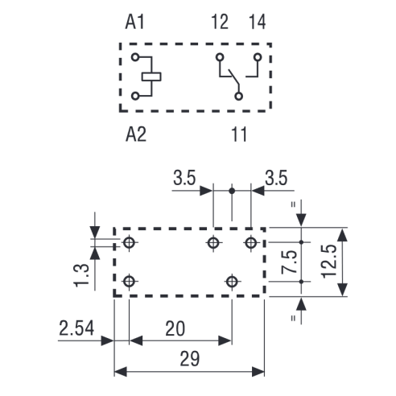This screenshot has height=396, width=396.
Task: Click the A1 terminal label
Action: (x=135, y=22)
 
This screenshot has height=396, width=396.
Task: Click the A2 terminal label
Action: (x=136, y=134)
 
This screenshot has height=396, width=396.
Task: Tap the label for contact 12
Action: (x=220, y=22)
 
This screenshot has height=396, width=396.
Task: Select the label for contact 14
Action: (x=258, y=22)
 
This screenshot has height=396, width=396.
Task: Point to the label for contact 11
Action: (x=239, y=134)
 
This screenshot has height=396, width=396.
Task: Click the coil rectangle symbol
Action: (x=151, y=76)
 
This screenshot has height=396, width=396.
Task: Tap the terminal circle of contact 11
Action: (x=238, y=96)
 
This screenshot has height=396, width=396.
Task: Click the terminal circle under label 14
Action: (x=258, y=57)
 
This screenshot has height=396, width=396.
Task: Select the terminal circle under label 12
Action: (x=220, y=57)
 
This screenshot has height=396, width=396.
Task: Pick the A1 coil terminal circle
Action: (x=135, y=57)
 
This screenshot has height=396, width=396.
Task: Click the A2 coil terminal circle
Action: (x=135, y=96)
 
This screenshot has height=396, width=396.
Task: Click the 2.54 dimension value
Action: (x=76, y=328)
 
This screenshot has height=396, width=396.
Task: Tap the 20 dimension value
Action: (x=175, y=328)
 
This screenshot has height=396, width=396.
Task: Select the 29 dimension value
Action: (x=190, y=359)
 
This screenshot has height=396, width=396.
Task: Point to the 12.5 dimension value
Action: (x=329, y=262)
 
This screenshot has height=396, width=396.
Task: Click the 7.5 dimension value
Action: (x=289, y=262)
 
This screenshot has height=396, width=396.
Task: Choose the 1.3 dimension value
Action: (x=81, y=275)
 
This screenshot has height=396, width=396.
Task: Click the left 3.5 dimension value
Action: (x=184, y=178)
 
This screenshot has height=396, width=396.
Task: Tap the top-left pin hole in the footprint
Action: (x=129, y=242)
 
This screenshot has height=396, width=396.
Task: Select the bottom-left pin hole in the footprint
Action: (x=129, y=282)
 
